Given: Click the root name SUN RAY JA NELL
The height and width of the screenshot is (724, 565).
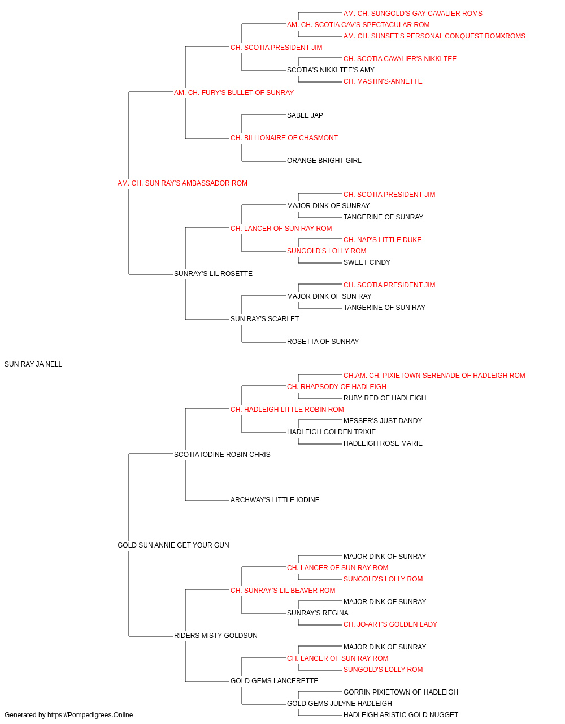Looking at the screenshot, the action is pos(33,364).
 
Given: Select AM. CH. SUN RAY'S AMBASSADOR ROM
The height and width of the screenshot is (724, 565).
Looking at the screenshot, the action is pos(182,183).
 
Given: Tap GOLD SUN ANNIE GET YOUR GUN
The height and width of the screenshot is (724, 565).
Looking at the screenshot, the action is pos(173,545).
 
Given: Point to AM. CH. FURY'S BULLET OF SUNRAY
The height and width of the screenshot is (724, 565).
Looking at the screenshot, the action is pos(234,93).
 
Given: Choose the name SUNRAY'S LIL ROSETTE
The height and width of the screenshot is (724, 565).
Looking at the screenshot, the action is pos(214,274).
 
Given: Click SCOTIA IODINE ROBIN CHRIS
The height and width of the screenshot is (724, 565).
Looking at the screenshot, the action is pos(222,454).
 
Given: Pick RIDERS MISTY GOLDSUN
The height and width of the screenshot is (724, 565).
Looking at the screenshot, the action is pos(216,636).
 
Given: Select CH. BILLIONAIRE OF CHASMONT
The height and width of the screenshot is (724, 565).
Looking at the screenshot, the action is pos(284,138).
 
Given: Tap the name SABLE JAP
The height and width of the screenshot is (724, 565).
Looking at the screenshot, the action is pos(305,115).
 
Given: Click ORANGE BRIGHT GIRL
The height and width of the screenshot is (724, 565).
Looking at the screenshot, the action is pos(324,161).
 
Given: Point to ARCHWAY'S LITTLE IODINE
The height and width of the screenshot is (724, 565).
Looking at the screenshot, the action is pos(275,500).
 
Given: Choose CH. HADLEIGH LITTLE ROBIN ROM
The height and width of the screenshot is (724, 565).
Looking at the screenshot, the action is pos(287,410).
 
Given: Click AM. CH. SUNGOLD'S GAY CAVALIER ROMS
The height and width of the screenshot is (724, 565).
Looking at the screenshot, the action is pos(413,14).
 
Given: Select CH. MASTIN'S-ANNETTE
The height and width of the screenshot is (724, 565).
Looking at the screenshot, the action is pos(383,81).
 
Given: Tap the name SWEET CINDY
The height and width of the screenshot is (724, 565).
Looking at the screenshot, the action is pos(367,262).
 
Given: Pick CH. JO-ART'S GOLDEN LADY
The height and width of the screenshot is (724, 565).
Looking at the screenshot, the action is pos(390,624).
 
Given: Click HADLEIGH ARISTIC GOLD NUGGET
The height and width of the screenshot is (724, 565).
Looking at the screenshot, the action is pos(401,715).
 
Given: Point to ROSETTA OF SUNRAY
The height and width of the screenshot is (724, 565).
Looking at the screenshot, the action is pos(323,342).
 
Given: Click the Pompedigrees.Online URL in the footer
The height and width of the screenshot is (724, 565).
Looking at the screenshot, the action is pos(90,715).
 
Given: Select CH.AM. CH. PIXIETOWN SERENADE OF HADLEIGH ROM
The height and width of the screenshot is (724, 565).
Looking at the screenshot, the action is pos(434,376).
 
